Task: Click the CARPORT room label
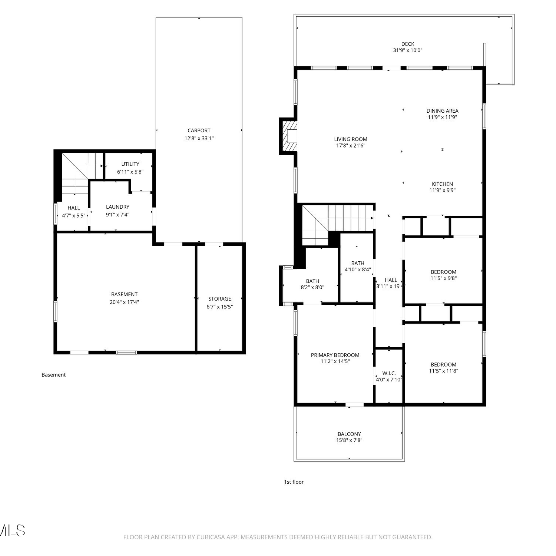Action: pos(199,130)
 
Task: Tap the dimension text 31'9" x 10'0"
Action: pos(408,50)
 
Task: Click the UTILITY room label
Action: pos(130,164)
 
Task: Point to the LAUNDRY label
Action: pos(118,207)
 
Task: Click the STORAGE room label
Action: pos(220,299)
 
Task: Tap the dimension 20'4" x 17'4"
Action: pos(124,302)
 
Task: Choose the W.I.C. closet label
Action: pos(389,373)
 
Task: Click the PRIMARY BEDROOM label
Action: pos(335,355)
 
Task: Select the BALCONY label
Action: pos(349,434)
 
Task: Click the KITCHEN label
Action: pos(443,184)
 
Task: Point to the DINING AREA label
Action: pos(443,111)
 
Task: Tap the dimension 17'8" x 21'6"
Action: pos(351,146)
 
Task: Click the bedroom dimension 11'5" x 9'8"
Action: pos(444,278)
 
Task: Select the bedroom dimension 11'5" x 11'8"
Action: pos(444,371)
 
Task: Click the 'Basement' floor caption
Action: pos(53,375)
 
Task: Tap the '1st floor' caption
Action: pos(294,482)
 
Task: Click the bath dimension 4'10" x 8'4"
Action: pos(358,270)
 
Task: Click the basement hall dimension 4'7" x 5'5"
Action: pos(74,215)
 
